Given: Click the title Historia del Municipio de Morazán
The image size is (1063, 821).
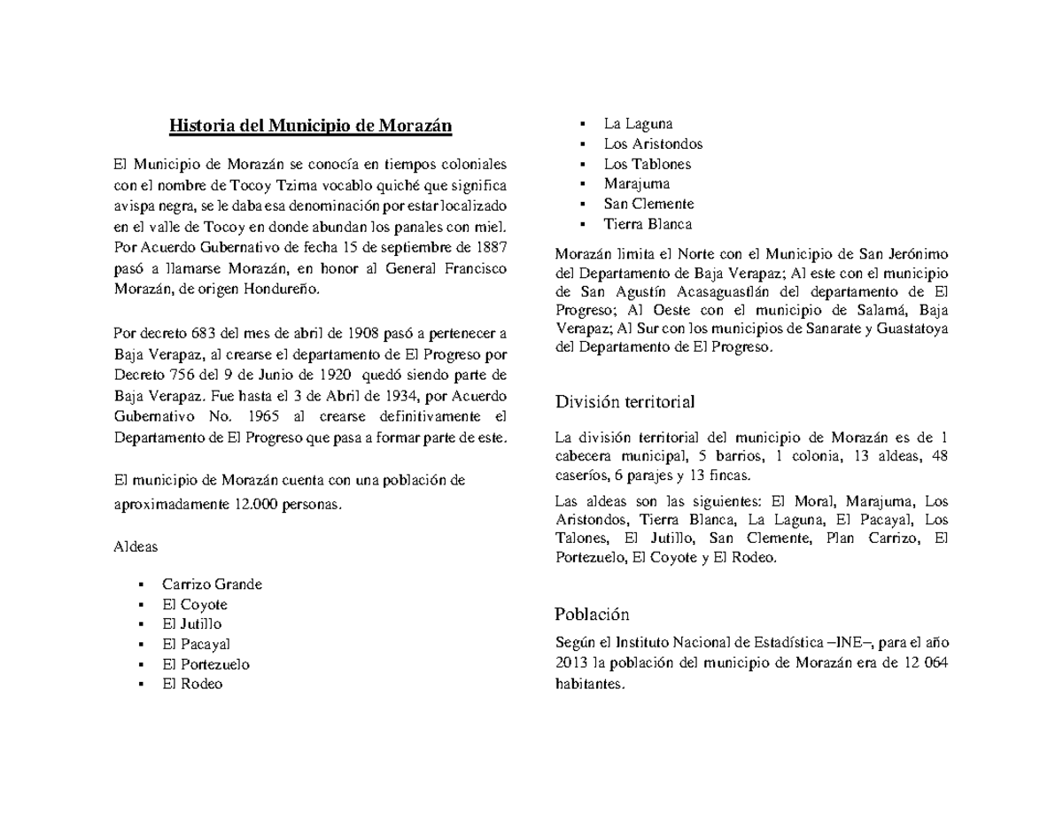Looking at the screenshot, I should pyautogui.click(x=311, y=126).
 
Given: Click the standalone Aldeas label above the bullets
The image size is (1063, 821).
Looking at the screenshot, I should pyautogui.click(x=136, y=546).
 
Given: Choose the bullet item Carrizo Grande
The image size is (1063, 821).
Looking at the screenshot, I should pyautogui.click(x=212, y=585).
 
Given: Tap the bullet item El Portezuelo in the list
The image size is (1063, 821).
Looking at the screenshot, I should pyautogui.click(x=206, y=664).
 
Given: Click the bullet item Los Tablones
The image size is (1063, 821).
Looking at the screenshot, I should pyautogui.click(x=648, y=164).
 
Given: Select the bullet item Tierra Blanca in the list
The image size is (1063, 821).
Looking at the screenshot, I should pyautogui.click(x=648, y=224).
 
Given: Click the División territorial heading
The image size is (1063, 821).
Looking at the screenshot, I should pyautogui.click(x=625, y=402).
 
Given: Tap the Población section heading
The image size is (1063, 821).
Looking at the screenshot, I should pyautogui.click(x=591, y=615).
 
